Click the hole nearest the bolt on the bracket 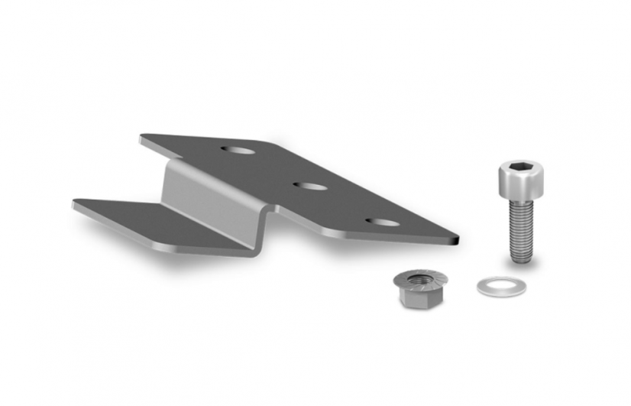tap(381, 222)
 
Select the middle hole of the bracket tap(310, 185)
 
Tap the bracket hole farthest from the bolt tap(239, 150)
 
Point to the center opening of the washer tap(501, 287)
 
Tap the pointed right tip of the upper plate tap(456, 240)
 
